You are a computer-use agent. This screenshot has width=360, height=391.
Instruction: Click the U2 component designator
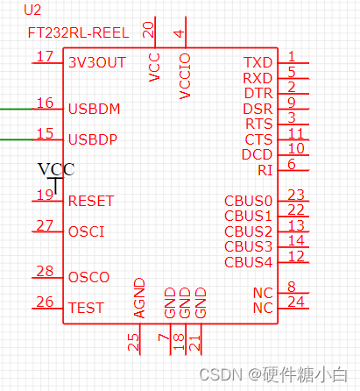[33, 10]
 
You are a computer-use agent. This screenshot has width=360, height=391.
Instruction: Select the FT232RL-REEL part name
[78, 33]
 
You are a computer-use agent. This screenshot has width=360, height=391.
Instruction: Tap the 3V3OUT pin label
[97, 62]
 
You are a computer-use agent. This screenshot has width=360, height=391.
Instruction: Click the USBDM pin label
[94, 109]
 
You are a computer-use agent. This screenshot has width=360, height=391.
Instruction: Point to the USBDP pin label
[93, 139]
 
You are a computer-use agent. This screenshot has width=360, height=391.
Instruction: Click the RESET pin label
[91, 201]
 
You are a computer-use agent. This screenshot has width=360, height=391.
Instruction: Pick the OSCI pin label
[86, 231]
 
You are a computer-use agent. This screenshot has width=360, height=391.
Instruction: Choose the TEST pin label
[86, 308]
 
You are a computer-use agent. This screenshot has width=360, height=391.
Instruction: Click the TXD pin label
[258, 62]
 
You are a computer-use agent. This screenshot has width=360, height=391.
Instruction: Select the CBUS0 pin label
[249, 201]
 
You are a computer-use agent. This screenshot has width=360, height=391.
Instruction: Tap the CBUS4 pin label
[249, 261]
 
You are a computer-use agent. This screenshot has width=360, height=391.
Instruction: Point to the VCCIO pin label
[185, 75]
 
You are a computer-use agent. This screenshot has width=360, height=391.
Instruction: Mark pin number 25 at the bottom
[134, 343]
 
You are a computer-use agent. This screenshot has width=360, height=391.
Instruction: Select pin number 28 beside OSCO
[45, 271]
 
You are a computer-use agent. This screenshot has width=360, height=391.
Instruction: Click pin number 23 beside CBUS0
[296, 195]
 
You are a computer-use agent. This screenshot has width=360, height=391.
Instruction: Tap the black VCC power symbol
[56, 174]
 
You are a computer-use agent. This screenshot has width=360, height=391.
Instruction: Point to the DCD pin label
[257, 154]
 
